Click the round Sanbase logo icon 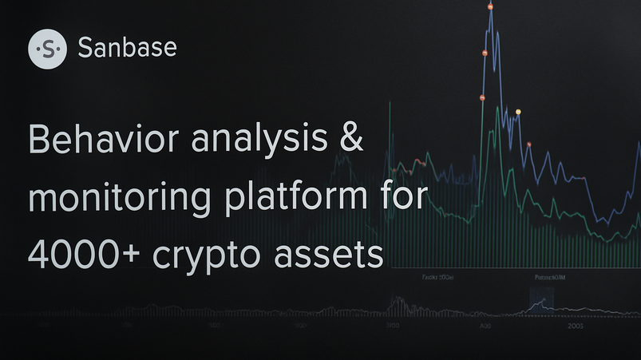tap(48, 49)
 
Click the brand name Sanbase tap(128, 49)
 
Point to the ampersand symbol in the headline tap(349, 140)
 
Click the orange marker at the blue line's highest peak tap(490, 6)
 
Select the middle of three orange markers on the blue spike tap(485, 53)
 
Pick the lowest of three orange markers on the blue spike tap(482, 98)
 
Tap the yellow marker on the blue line tap(518, 112)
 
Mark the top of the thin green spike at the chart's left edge tap(389, 104)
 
